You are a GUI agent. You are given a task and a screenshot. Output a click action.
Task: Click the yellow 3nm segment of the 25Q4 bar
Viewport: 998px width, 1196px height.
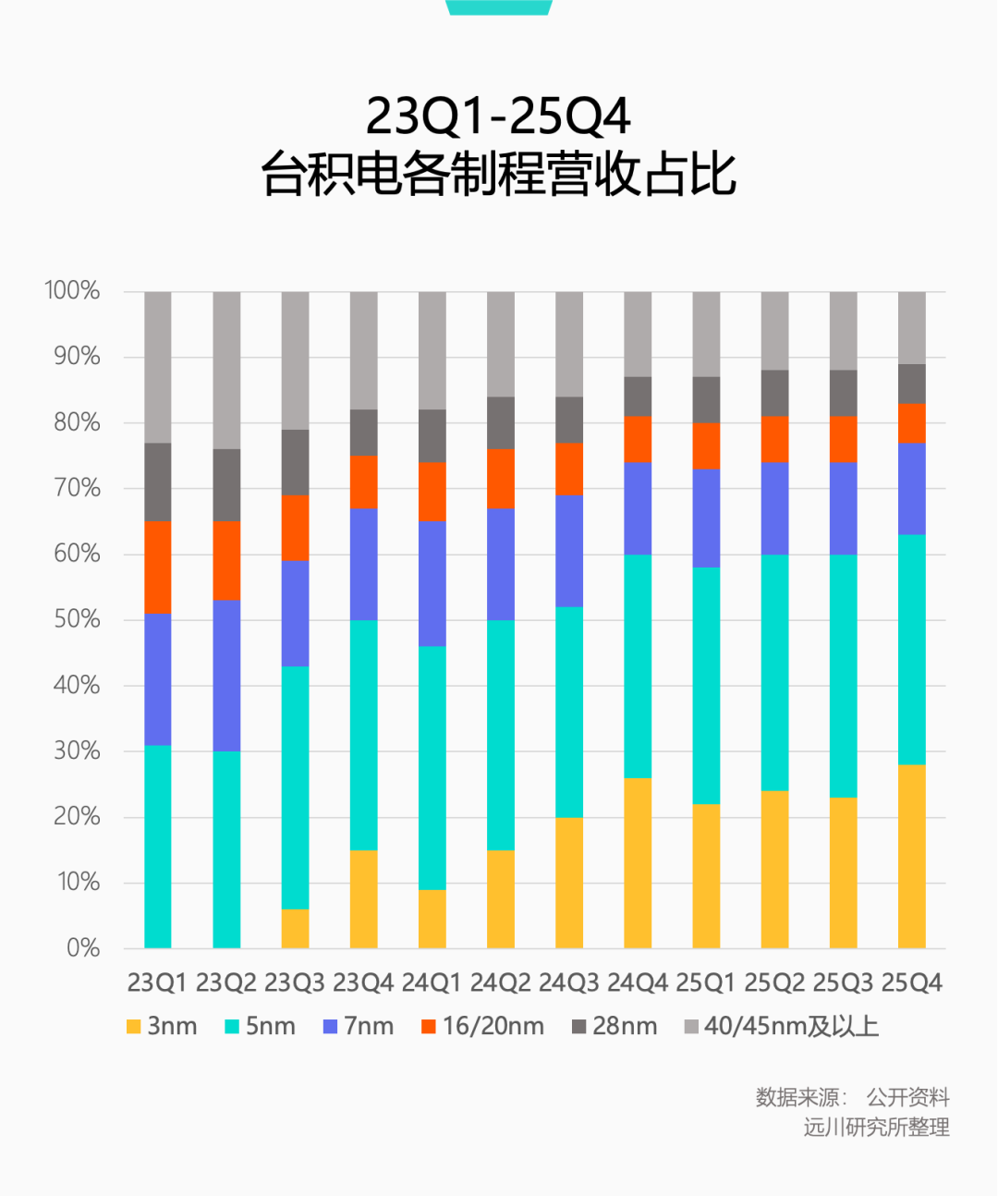point(911,856)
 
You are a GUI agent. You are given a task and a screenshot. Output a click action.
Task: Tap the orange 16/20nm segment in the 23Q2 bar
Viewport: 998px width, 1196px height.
point(226,560)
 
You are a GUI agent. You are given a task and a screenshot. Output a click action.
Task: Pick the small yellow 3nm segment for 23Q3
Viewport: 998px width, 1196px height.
point(295,928)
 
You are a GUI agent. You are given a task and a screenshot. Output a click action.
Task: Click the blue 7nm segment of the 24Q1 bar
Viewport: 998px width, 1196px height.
point(432,583)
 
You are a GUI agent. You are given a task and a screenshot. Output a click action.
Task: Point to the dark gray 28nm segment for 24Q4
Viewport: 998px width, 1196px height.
point(638,397)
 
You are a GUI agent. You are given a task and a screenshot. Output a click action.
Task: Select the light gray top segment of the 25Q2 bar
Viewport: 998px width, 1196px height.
point(774,331)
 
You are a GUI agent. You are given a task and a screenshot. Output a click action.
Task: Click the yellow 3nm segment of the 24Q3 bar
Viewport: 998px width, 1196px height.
point(569,882)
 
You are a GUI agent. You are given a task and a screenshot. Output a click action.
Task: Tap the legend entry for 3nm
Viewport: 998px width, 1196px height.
point(162,1026)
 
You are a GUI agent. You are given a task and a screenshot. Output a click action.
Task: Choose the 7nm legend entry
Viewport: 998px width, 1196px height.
point(359,1026)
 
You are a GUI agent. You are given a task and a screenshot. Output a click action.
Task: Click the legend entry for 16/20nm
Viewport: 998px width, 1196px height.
point(482,1026)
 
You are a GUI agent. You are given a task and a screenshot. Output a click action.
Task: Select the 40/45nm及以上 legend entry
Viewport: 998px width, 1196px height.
point(781,1026)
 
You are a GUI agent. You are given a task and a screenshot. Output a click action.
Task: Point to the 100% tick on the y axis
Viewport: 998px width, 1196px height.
point(72,290)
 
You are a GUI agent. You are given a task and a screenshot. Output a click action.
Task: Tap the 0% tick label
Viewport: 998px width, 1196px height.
point(82,947)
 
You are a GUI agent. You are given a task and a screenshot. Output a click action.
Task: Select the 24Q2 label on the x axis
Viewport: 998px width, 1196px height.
point(500,982)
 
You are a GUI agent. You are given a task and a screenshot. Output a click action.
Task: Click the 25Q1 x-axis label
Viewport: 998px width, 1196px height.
point(706,982)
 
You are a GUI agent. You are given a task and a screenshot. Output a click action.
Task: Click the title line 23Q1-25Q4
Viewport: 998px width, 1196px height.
point(498,116)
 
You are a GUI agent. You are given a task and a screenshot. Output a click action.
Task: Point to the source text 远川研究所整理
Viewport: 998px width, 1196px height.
point(876,1127)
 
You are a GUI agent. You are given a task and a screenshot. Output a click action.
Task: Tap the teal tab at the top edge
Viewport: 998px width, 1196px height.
point(499,7)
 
